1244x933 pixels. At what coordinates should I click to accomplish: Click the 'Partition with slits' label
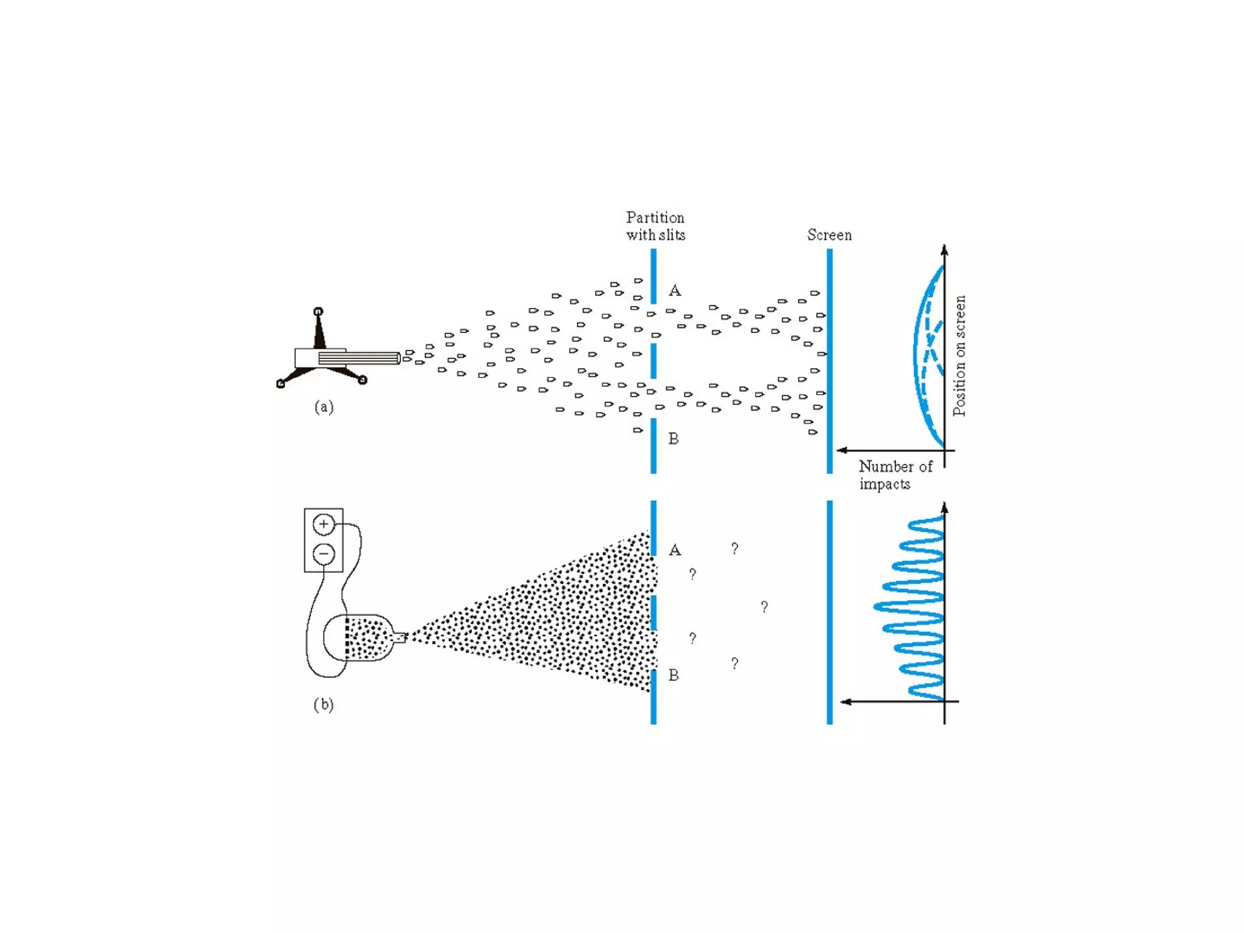[655, 226]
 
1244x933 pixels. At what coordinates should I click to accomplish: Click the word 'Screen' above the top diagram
[829, 235]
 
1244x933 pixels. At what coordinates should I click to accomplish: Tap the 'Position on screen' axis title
[959, 355]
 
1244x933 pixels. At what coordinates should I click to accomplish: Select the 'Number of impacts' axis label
[894, 475]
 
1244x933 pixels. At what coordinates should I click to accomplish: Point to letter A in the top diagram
[674, 291]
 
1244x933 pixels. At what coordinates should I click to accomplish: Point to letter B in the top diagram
[674, 439]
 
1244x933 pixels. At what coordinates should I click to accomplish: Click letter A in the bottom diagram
[674, 550]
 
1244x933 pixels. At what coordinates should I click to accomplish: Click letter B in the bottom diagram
[674, 675]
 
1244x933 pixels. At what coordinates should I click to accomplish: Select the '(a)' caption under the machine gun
[324, 407]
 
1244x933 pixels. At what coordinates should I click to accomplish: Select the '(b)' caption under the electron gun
[324, 705]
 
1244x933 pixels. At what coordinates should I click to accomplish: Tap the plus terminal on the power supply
[324, 524]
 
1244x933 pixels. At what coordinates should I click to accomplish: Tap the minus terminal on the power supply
[324, 554]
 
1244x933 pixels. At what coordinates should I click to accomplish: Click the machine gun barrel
[358, 358]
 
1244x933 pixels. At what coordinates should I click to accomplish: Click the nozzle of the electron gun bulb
[400, 637]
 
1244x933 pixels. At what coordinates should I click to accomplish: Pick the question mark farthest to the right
[764, 607]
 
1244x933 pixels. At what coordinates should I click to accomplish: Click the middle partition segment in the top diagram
[653, 361]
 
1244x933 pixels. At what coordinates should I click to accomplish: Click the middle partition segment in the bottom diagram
[653, 612]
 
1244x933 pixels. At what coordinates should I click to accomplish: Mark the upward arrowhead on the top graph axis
[944, 250]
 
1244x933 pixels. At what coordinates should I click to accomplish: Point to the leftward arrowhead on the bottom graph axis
[846, 702]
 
